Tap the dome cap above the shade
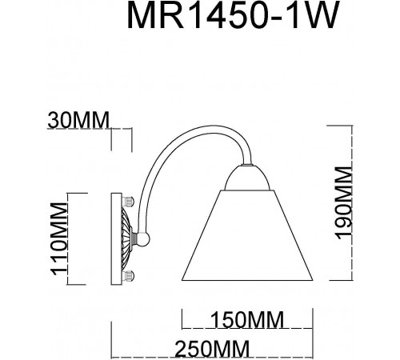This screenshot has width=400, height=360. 245,178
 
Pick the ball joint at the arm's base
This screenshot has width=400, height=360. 143,238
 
